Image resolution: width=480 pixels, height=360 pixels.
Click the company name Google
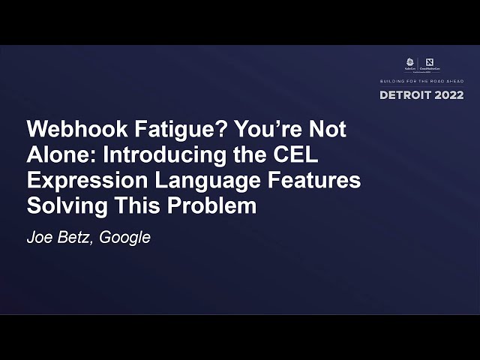tap(125, 238)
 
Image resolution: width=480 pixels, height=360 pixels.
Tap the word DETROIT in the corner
tap(406, 95)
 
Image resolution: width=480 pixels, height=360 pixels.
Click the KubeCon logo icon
tap(409, 62)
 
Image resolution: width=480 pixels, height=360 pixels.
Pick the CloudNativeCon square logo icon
tap(429, 62)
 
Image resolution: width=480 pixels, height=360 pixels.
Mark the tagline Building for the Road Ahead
tap(422, 80)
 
